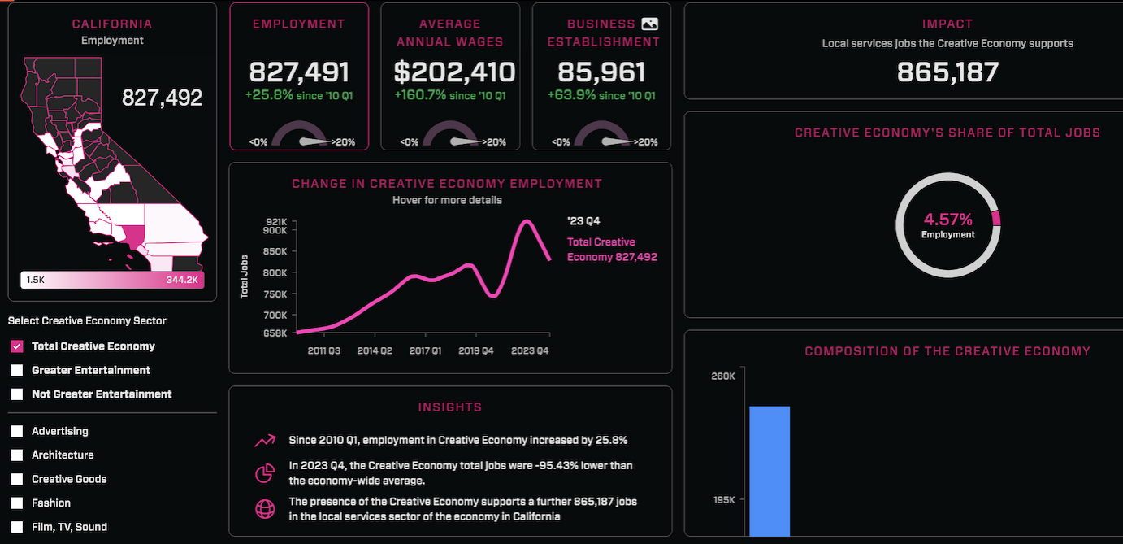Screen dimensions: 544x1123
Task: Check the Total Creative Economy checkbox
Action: tap(17, 346)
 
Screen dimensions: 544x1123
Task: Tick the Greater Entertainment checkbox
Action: tap(17, 370)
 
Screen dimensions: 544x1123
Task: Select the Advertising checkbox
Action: tap(17, 431)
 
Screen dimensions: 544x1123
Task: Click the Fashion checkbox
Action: tap(17, 503)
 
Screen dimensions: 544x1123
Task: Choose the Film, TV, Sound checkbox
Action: tap(17, 527)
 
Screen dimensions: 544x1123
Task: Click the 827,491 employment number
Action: tap(299, 72)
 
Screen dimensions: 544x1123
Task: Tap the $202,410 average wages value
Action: tap(454, 72)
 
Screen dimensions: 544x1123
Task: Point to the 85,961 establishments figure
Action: tap(602, 72)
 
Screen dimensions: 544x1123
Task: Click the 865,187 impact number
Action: tap(947, 72)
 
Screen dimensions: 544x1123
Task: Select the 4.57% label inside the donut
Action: tap(947, 220)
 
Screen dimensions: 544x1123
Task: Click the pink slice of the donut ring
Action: tap(996, 218)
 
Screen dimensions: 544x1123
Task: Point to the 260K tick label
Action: tap(723, 376)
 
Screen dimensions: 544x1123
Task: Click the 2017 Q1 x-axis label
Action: tap(426, 350)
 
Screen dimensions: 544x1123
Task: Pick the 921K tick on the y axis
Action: tap(276, 221)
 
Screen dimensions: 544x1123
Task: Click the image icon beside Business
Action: tap(649, 24)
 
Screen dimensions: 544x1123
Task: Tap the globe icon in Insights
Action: tap(265, 509)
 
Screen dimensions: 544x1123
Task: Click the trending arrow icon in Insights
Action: tap(265, 441)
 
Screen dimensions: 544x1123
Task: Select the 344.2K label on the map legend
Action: tap(182, 280)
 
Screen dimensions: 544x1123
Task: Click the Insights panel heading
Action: tap(450, 407)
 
